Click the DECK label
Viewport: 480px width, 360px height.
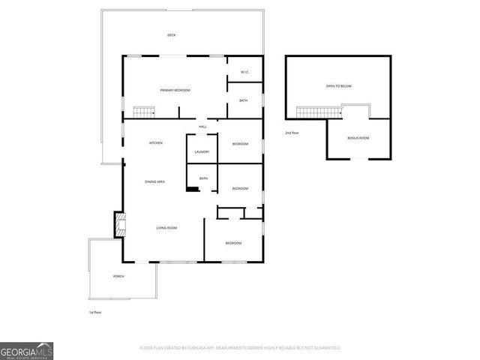pyautogui.click(x=171, y=35)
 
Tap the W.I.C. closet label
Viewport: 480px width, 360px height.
pyautogui.click(x=244, y=72)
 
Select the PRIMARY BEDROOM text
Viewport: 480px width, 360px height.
pyautogui.click(x=175, y=90)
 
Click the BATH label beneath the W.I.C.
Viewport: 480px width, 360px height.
pyautogui.click(x=244, y=100)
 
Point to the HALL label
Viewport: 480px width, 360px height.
pyautogui.click(x=202, y=127)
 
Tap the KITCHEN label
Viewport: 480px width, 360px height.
pyautogui.click(x=156, y=142)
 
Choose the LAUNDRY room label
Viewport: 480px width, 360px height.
pyautogui.click(x=202, y=152)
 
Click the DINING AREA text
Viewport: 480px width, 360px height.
pyautogui.click(x=155, y=181)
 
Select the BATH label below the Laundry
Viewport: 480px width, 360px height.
pyautogui.click(x=203, y=178)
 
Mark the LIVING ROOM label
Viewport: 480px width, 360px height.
pyautogui.click(x=166, y=227)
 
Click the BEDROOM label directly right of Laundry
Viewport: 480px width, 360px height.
pyautogui.click(x=240, y=143)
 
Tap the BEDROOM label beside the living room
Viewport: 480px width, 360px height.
pyautogui.click(x=234, y=243)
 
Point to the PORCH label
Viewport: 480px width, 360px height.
pyautogui.click(x=118, y=277)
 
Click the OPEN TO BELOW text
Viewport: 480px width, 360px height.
pyautogui.click(x=339, y=86)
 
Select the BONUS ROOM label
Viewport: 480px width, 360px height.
pyautogui.click(x=358, y=139)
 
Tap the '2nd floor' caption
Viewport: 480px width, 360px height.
pyautogui.click(x=292, y=132)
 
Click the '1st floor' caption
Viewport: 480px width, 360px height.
pyautogui.click(x=95, y=311)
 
